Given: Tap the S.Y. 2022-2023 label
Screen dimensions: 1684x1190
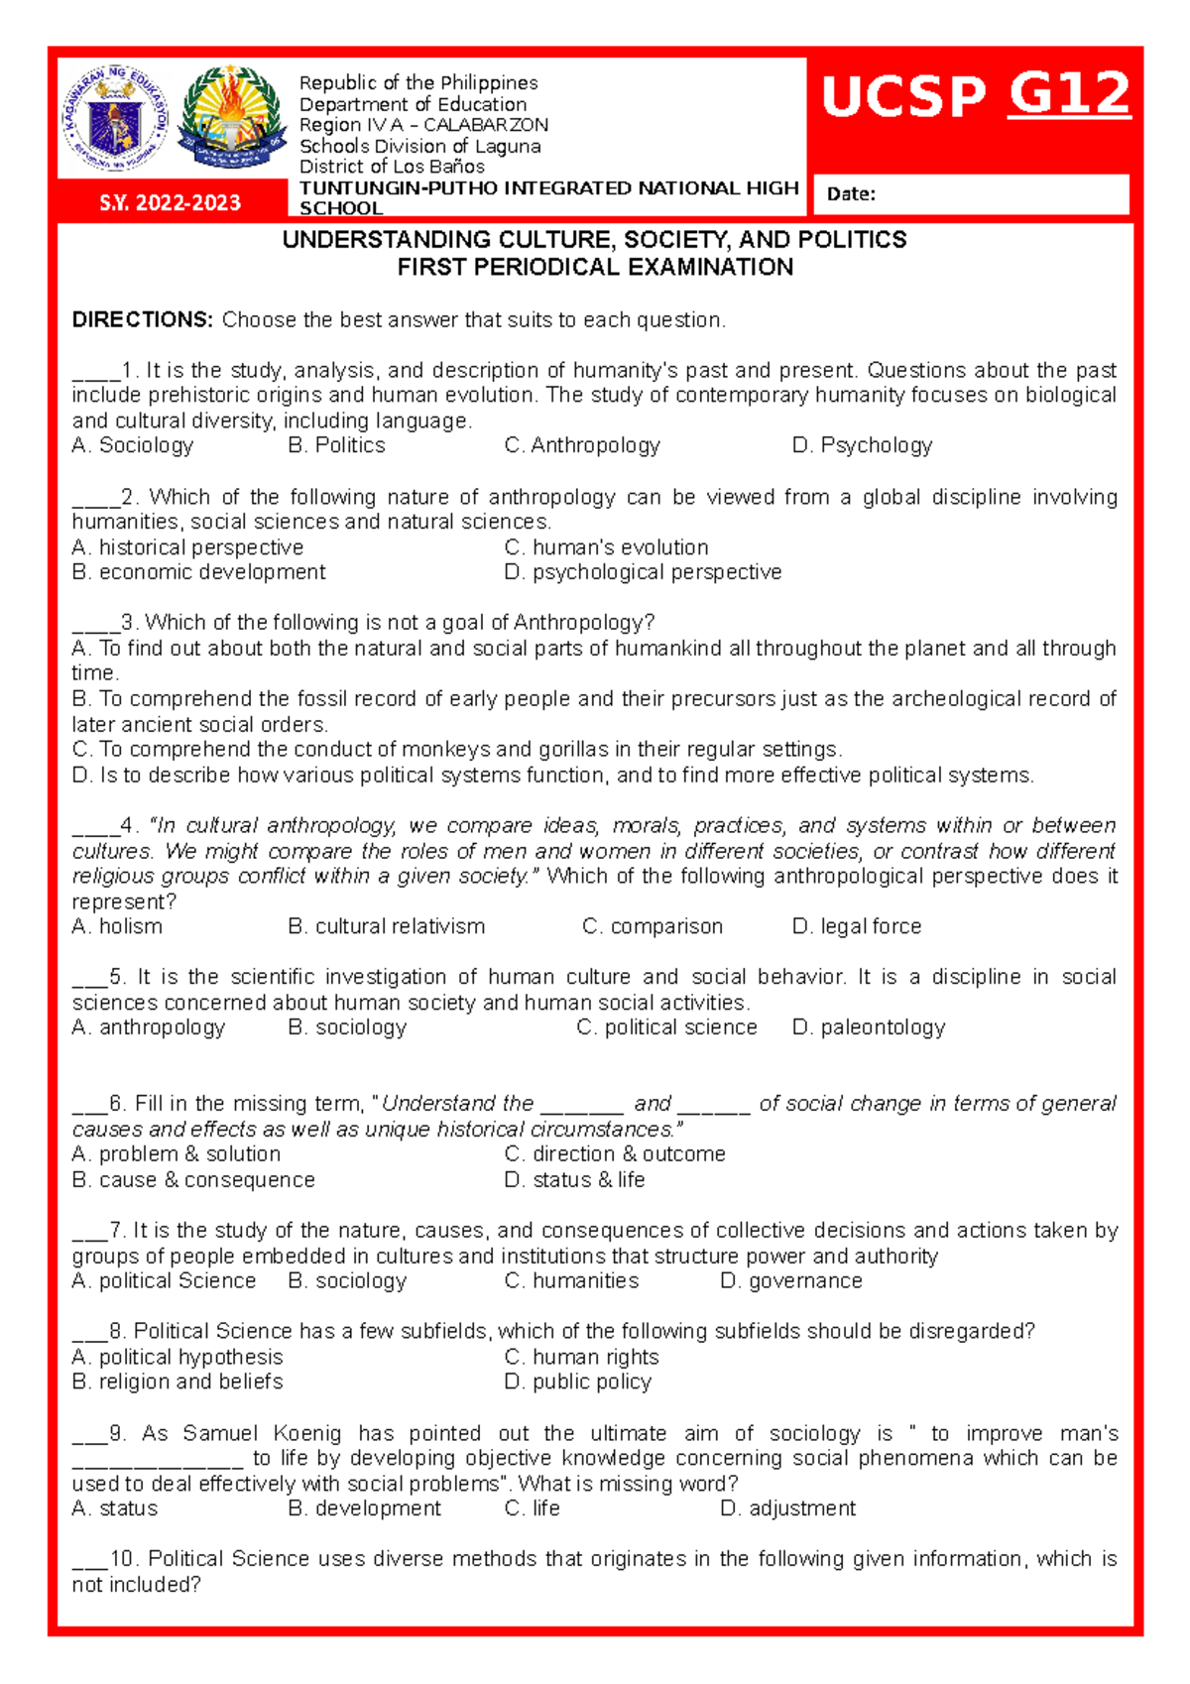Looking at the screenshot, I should pyautogui.click(x=170, y=203).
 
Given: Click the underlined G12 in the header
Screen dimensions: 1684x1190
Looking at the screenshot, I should pyautogui.click(x=1069, y=95).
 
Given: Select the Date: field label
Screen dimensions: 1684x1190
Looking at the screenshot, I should pyautogui.click(x=851, y=194).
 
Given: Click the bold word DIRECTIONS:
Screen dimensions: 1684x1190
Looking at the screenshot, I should pyautogui.click(x=142, y=320).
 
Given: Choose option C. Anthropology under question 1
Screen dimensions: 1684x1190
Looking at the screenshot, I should pyautogui.click(x=582, y=446).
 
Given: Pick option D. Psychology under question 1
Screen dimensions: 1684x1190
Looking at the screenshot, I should pyautogui.click(x=862, y=446).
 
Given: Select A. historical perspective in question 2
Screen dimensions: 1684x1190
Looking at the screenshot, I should pyautogui.click(x=187, y=547).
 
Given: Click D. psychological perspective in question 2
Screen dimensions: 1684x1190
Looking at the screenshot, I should pyautogui.click(x=643, y=572).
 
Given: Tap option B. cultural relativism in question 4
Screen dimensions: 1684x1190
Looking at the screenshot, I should pyautogui.click(x=386, y=926).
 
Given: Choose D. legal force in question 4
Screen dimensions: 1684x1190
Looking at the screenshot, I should pyautogui.click(x=856, y=926).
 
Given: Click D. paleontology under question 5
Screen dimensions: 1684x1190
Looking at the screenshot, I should pyautogui.click(x=868, y=1027).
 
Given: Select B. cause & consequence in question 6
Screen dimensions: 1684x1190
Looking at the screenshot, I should pyautogui.click(x=193, y=1180).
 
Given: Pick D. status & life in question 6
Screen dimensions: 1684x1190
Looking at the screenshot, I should pyautogui.click(x=574, y=1180).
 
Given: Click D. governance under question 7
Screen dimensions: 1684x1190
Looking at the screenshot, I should pyautogui.click(x=790, y=1281).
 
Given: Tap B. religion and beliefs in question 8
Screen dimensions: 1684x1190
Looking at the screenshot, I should pyautogui.click(x=178, y=1382).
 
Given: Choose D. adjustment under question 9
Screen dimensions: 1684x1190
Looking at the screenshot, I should pyautogui.click(x=787, y=1508).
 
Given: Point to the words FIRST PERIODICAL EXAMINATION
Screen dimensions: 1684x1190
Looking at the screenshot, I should pyautogui.click(x=595, y=268).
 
